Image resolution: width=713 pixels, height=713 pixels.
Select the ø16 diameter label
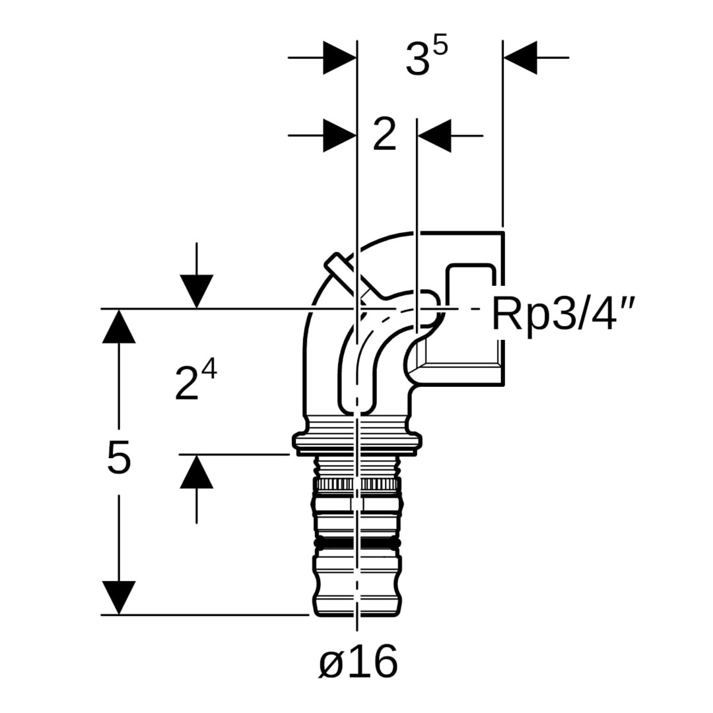pos(358,662)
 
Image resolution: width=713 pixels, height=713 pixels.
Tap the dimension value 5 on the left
pos(119,458)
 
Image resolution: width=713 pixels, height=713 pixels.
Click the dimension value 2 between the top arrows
pos(384,136)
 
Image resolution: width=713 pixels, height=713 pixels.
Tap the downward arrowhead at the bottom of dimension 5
pos(119,597)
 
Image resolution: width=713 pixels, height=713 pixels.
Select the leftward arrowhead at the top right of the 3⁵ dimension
pos(520,57)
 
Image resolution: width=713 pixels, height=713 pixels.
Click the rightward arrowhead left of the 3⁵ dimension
pos(339,57)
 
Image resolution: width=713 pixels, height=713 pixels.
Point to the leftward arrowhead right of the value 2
pos(434,136)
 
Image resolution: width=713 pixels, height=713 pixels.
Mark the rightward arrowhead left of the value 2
pos(339,136)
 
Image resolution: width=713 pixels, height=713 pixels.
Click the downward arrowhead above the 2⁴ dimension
pos(196,291)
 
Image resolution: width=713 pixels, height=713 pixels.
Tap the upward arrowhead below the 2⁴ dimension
pos(196,471)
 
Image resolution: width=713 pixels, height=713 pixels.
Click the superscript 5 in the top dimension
pos(440,47)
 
